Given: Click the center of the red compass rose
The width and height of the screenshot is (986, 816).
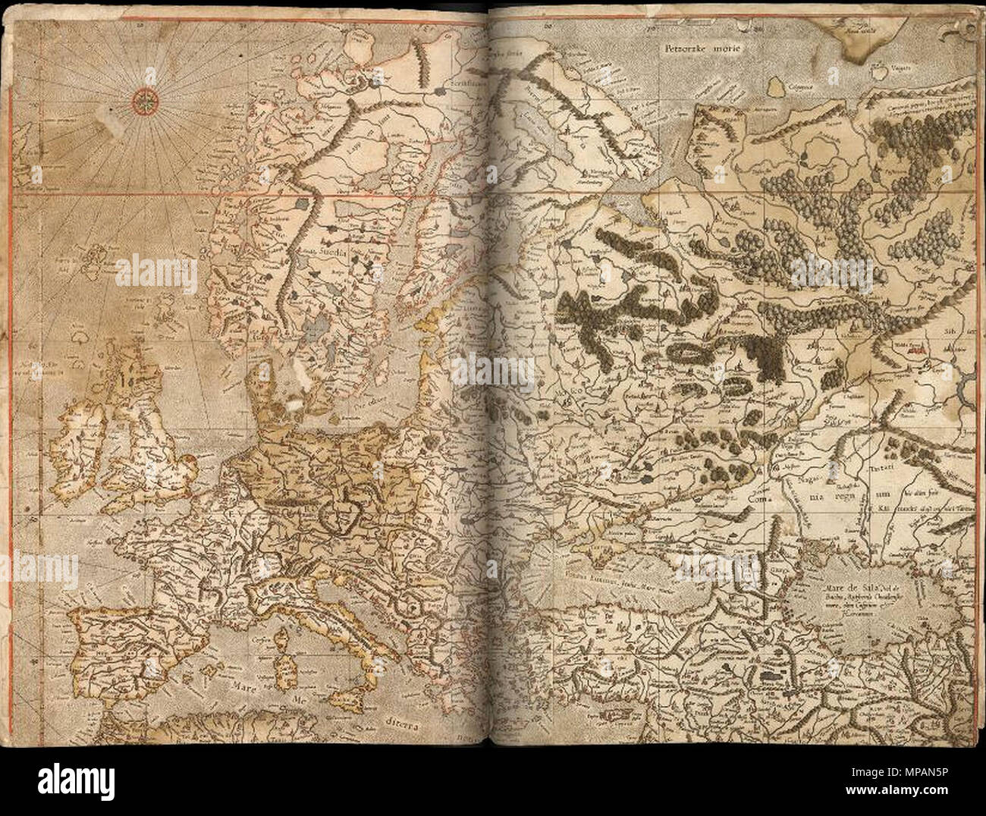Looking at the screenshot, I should (x=143, y=99).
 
